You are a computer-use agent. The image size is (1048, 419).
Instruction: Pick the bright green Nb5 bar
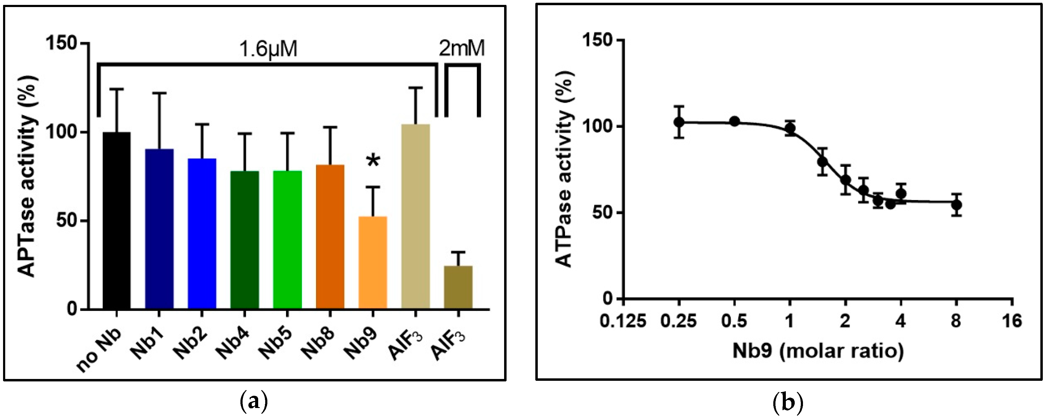pos(287,240)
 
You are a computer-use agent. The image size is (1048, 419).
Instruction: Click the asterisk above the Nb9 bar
pos(373,161)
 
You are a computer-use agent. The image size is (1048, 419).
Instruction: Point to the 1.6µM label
pos(268,50)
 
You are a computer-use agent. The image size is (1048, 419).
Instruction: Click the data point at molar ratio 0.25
pos(678,122)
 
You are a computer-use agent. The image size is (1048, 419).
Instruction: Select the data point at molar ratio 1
pos(790,128)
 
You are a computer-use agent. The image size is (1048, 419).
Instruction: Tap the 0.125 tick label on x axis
pos(622,322)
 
